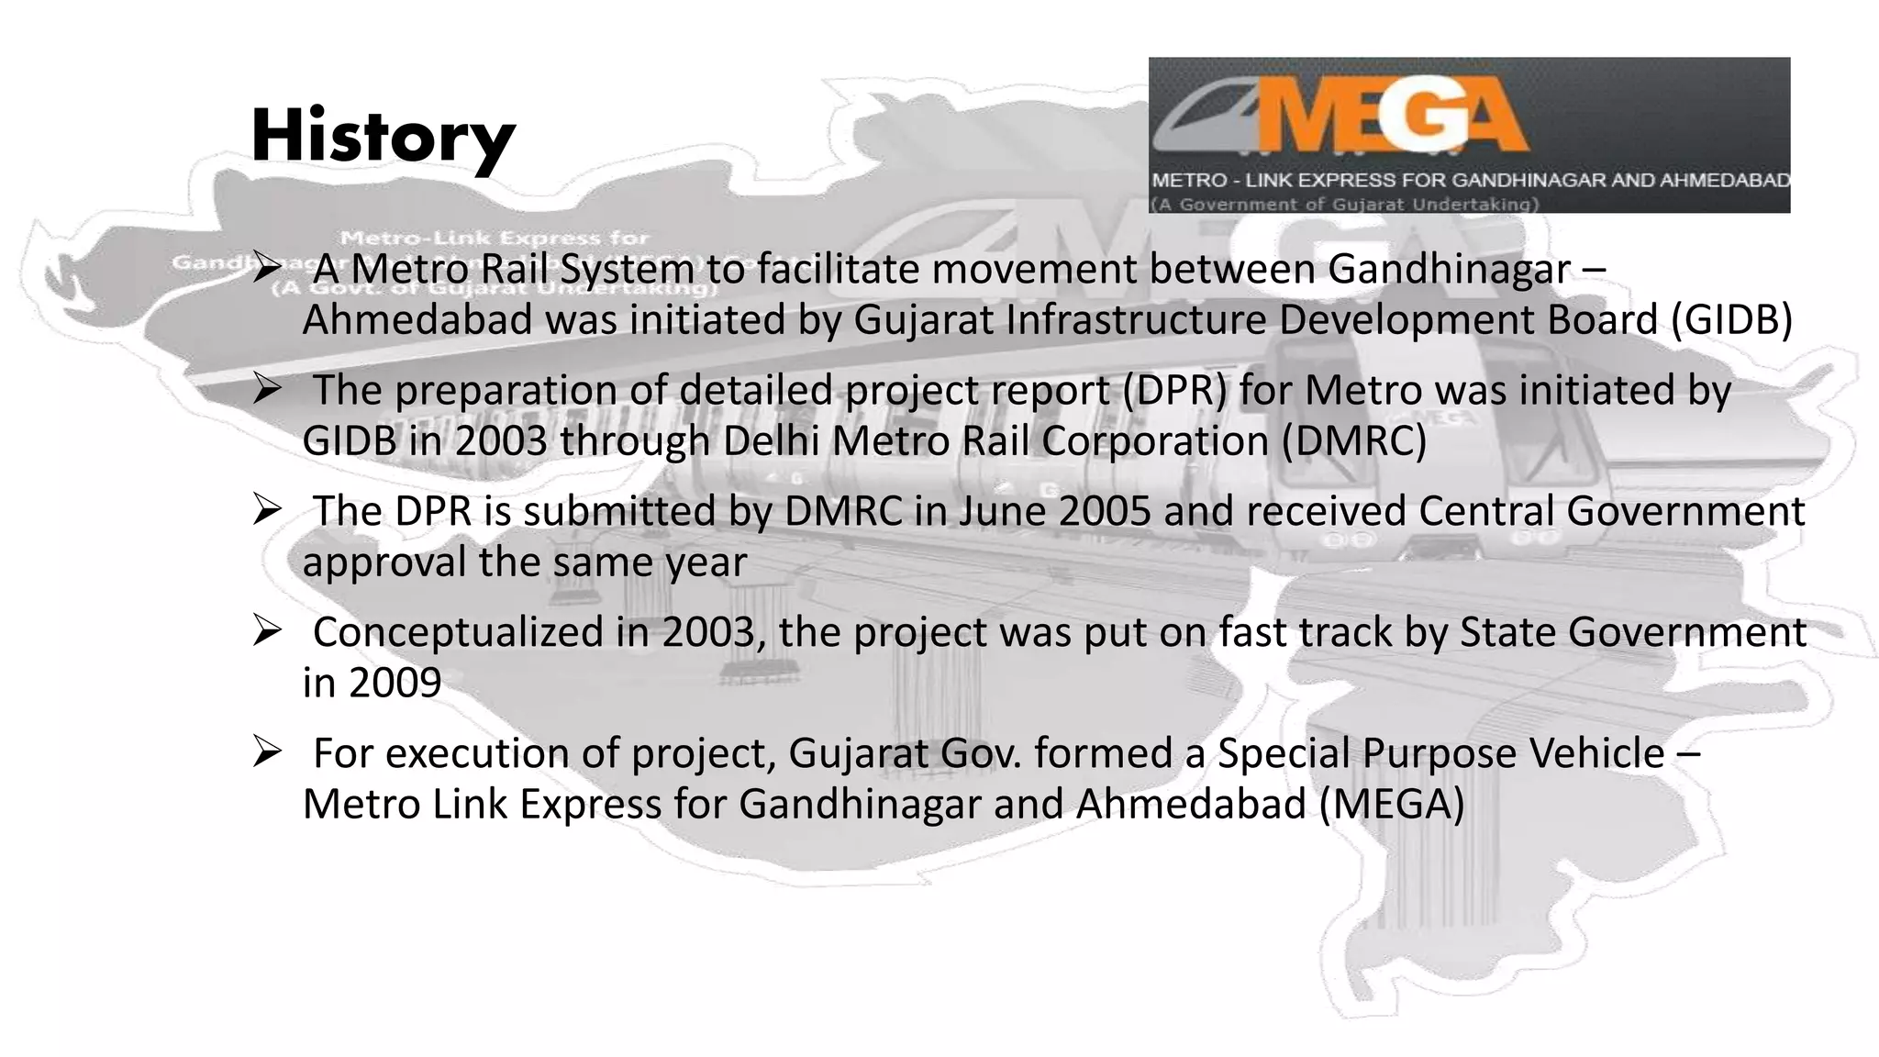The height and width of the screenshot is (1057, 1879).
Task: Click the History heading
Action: coord(383,138)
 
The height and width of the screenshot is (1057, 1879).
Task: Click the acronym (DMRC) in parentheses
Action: coord(1354,441)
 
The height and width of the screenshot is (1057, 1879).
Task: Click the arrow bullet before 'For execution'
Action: coord(267,753)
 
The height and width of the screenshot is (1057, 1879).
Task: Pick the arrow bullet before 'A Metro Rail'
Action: coord(267,269)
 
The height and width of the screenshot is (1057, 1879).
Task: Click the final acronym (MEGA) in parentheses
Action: coord(1392,805)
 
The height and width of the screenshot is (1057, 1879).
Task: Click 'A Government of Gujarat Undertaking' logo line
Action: coord(1345,204)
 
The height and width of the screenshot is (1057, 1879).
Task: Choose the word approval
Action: coord(384,562)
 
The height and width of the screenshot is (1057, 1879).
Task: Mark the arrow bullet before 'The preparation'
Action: coord(267,390)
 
